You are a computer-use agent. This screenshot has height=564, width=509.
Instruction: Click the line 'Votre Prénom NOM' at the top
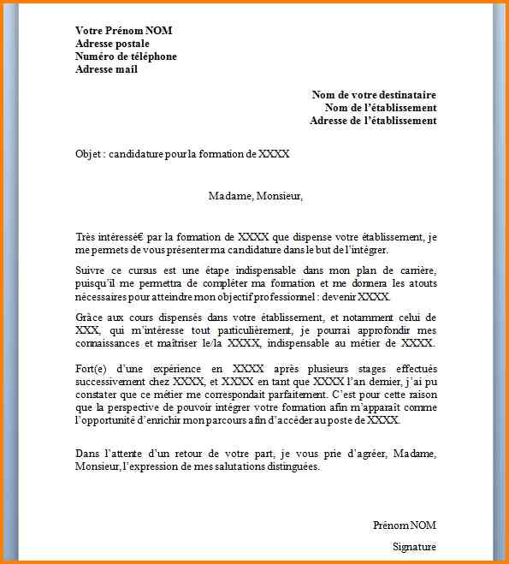[123, 31]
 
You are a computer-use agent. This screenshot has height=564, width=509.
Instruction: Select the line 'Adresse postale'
[112, 44]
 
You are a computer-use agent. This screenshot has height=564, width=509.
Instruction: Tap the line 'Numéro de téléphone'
[126, 56]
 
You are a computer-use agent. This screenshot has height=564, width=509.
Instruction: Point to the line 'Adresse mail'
[106, 69]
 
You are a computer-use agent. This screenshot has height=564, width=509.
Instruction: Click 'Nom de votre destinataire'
[374, 95]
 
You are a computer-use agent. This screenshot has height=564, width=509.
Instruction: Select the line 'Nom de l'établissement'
[381, 108]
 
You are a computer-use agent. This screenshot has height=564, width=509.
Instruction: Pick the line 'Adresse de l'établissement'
[373, 121]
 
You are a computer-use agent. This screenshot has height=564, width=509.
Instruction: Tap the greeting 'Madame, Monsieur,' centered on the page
[256, 196]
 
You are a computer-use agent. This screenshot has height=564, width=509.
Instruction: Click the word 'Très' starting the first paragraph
[86, 237]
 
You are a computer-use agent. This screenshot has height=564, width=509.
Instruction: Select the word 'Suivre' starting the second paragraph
[90, 270]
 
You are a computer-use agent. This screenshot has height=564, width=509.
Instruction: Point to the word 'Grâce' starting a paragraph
[90, 318]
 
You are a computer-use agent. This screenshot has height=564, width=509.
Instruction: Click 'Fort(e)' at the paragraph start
[92, 370]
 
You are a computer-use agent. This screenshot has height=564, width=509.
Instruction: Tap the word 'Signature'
[414, 546]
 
